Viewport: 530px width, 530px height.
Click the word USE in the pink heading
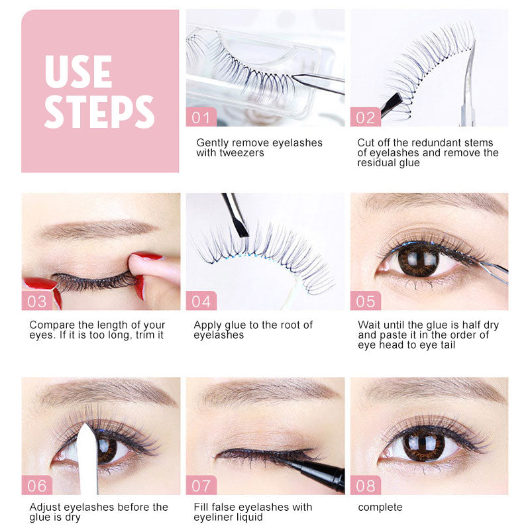[78, 72]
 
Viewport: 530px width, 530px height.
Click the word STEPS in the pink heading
[99, 112]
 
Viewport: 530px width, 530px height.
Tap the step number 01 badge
[201, 117]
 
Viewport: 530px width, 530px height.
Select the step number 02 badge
[366, 117]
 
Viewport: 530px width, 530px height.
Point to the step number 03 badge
[37, 301]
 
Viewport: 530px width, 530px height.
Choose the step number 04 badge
[201, 301]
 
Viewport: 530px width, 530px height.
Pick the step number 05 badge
[366, 301]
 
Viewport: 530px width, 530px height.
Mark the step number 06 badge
[37, 485]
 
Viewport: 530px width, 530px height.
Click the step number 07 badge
[201, 485]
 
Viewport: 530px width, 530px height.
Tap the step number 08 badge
[366, 485]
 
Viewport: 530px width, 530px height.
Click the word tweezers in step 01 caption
[242, 153]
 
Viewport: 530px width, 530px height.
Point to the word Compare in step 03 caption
[52, 325]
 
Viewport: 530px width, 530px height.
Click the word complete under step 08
[380, 507]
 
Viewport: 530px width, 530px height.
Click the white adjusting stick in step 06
[88, 460]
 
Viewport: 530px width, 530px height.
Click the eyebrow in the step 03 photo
[98, 229]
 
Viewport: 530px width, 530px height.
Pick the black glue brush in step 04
[236, 215]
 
